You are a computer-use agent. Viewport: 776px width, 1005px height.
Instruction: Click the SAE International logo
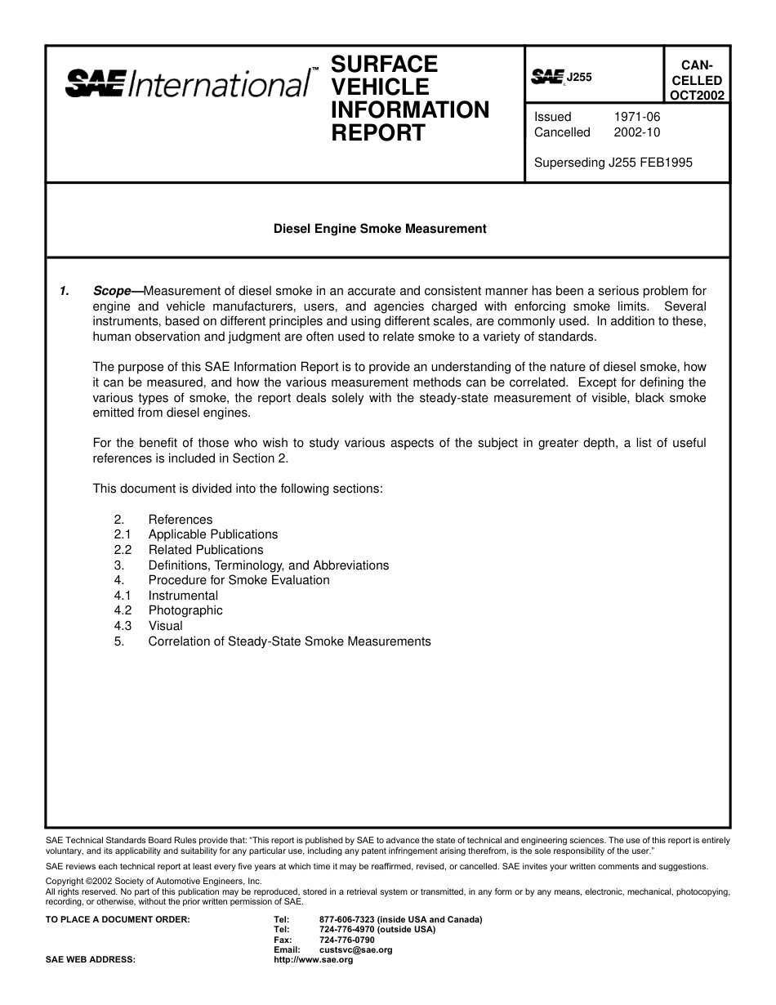[188, 83]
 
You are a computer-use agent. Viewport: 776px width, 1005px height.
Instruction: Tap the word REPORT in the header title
[377, 133]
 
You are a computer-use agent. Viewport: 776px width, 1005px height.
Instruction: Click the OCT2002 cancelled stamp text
[696, 95]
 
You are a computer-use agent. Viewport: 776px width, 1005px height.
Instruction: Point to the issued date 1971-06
[636, 117]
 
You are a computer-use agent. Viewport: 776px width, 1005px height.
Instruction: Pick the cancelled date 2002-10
[636, 132]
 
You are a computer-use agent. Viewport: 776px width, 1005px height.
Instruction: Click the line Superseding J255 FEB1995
[613, 163]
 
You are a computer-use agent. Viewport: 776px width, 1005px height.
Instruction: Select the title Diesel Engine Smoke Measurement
[379, 229]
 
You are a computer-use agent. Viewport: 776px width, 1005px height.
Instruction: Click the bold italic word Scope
[112, 291]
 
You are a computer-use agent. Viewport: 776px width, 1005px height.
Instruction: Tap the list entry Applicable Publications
[213, 534]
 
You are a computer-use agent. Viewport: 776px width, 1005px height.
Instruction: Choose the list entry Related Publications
[206, 550]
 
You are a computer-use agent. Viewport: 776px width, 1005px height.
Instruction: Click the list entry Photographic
[185, 610]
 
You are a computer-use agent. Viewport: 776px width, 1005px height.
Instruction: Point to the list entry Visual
[165, 626]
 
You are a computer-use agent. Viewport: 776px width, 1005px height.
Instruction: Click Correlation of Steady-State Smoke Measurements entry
[289, 641]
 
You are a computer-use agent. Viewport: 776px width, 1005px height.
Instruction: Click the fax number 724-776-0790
[346, 940]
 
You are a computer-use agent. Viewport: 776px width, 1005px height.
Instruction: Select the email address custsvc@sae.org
[355, 950]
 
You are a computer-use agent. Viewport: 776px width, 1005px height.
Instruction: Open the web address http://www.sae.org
[313, 960]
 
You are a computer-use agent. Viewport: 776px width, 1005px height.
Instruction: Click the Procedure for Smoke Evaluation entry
[239, 580]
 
